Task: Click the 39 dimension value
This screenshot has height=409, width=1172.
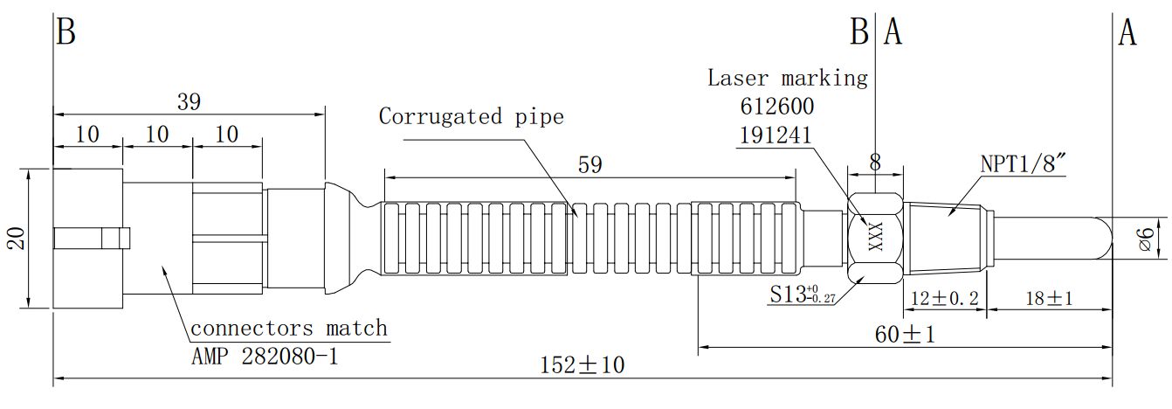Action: coord(189,101)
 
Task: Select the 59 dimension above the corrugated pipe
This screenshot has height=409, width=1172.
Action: coord(590,164)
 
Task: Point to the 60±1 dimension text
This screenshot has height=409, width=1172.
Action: coord(904,335)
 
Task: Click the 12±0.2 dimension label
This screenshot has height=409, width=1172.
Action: coord(943,298)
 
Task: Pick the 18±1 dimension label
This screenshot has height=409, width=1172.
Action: coord(1047,298)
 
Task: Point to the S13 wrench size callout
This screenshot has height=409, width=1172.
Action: coord(802,295)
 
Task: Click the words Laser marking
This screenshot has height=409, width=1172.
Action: coord(788,78)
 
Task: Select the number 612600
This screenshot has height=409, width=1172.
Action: coord(776,107)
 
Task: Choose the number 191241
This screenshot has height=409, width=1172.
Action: coord(776,135)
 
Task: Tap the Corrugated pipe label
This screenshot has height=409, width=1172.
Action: coord(471,116)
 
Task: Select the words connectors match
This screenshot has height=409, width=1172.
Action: coord(289,329)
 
